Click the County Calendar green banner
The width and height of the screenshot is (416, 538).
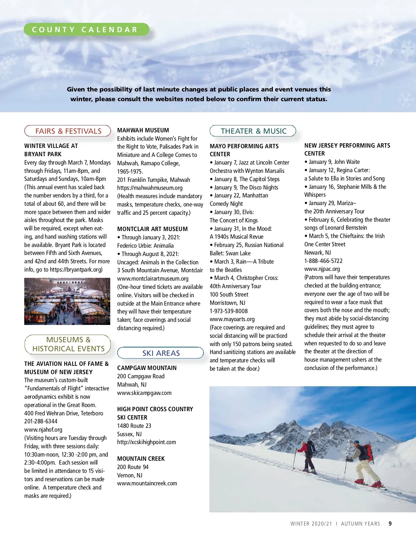point(86,29)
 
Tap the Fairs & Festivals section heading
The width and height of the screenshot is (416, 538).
point(68,131)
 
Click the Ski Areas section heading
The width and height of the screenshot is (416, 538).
point(161,353)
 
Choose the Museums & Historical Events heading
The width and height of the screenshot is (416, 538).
point(68,344)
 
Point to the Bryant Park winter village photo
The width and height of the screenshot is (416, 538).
point(67,301)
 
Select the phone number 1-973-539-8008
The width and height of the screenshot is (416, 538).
point(229,311)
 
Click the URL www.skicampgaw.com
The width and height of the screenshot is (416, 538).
point(144,393)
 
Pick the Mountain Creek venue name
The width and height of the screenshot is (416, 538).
point(141,459)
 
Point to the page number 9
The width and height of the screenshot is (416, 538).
point(390,523)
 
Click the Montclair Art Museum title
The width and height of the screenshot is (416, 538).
point(152,229)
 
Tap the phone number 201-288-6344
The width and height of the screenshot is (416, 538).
point(41,421)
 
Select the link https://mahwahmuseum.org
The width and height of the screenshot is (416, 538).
point(150,188)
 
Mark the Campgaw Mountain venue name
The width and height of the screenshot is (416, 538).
point(147,368)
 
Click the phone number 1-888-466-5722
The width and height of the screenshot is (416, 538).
point(323,261)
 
